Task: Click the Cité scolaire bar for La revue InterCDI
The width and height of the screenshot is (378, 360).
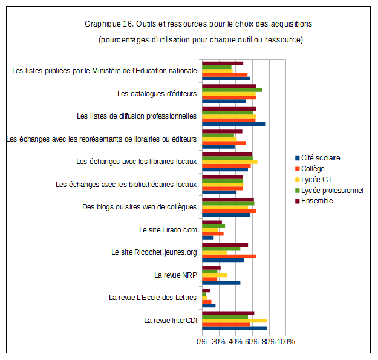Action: coord(234,328)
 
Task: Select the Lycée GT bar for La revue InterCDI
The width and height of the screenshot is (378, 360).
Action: coord(234,321)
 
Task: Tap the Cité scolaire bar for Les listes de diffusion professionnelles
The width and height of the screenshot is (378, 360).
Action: coord(233,124)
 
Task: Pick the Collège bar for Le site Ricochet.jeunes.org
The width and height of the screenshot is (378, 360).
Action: coord(229,257)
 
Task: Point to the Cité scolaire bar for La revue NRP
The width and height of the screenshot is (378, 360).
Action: coord(221,283)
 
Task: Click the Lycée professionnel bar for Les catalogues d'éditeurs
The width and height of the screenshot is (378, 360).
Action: coord(232,90)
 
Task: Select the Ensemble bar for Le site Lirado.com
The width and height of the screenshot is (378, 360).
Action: coord(212,222)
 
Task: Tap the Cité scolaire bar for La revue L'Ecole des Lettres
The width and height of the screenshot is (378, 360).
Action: coord(209,306)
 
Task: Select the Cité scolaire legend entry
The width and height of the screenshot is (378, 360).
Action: coord(320,157)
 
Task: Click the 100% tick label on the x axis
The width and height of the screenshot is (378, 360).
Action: coord(286,342)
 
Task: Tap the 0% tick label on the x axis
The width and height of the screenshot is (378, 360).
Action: coord(201,342)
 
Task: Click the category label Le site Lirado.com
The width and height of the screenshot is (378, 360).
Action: coord(168,230)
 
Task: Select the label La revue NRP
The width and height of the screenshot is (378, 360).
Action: coord(175,275)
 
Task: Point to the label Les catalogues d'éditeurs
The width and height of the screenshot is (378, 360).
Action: coord(157,94)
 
